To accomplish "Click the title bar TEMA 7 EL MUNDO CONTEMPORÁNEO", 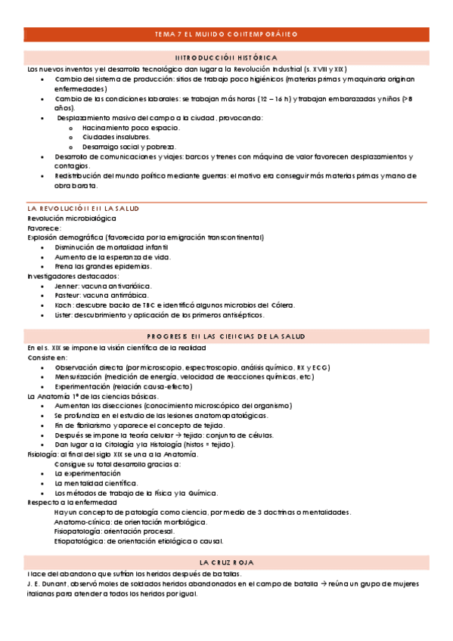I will [226, 34].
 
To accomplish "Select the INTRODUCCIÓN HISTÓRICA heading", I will [226, 57].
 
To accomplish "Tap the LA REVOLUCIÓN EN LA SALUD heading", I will [83, 208].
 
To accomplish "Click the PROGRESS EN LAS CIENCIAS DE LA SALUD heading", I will [226, 336].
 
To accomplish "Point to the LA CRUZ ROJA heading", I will [226, 562].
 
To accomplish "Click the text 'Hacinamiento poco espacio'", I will [126, 128].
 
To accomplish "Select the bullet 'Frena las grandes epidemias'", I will [103, 266].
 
